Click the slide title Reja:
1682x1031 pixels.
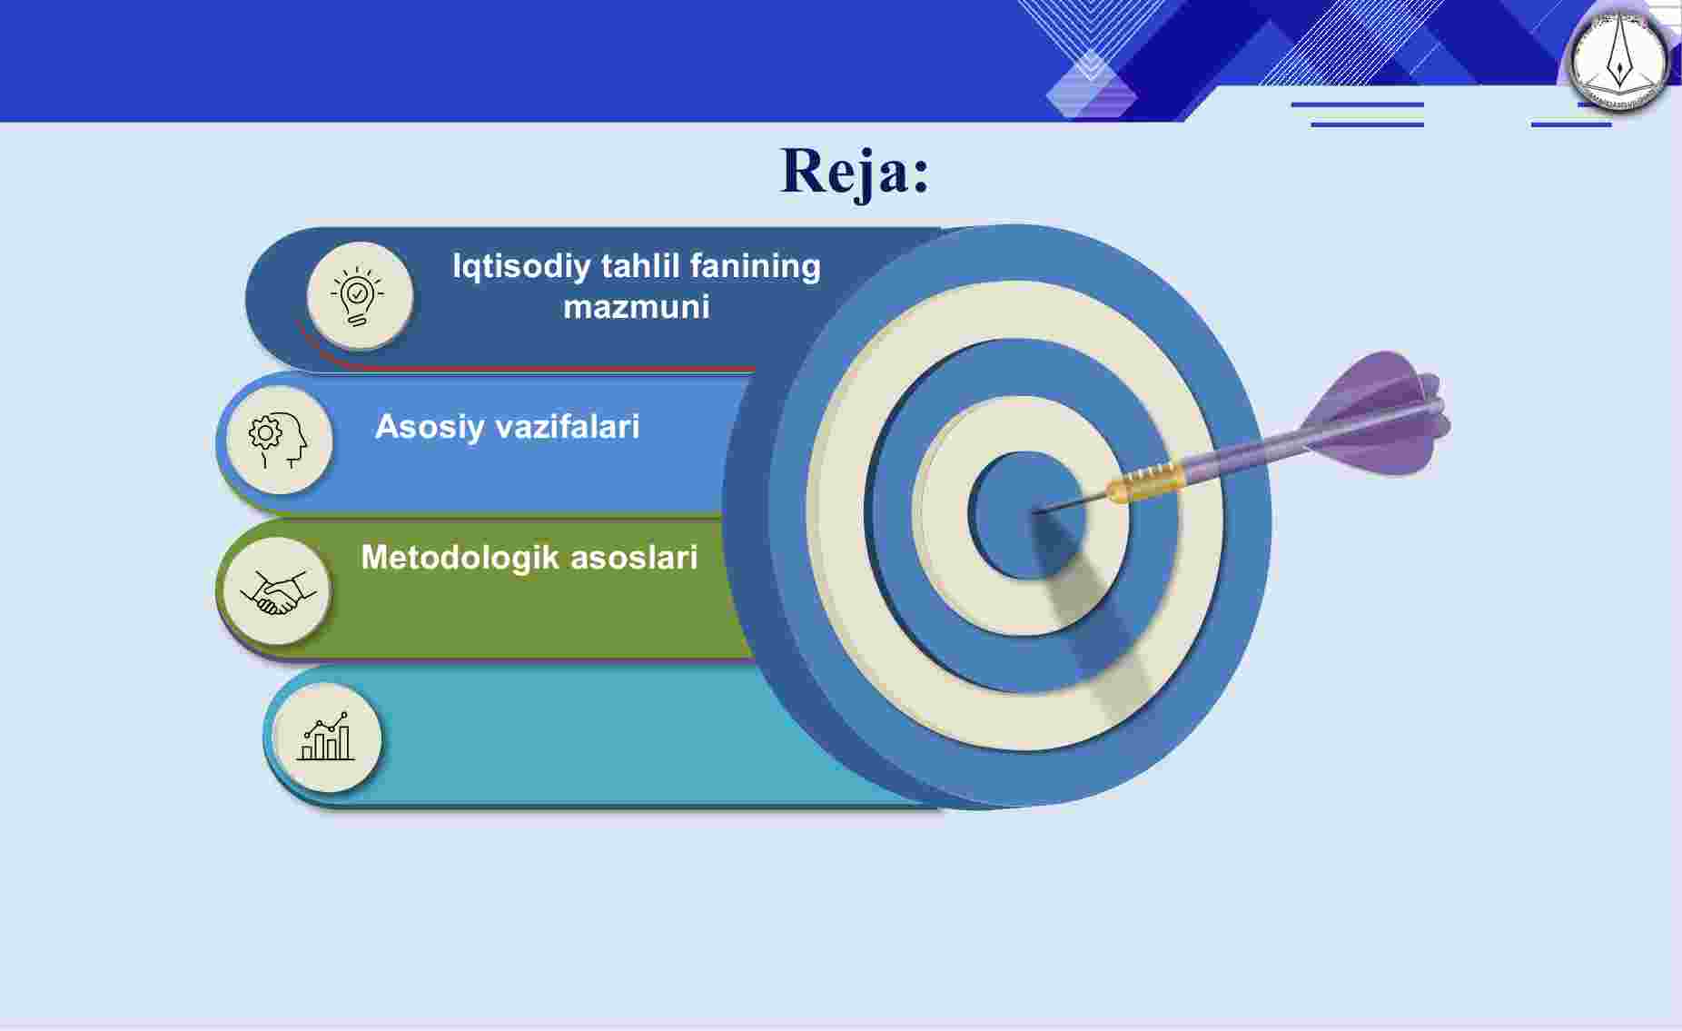coord(856,171)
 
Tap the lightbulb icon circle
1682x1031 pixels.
coord(359,295)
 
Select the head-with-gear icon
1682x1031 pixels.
coord(279,440)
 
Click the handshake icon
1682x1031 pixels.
coord(276,591)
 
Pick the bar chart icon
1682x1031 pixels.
coord(326,738)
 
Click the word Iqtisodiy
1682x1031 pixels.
coord(521,267)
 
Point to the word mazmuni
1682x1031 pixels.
coord(636,307)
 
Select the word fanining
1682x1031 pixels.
coord(755,267)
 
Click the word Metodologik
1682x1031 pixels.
coord(460,558)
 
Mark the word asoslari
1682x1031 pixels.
coord(634,557)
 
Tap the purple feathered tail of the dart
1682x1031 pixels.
coord(1376,413)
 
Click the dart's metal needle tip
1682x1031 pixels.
coord(1035,512)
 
